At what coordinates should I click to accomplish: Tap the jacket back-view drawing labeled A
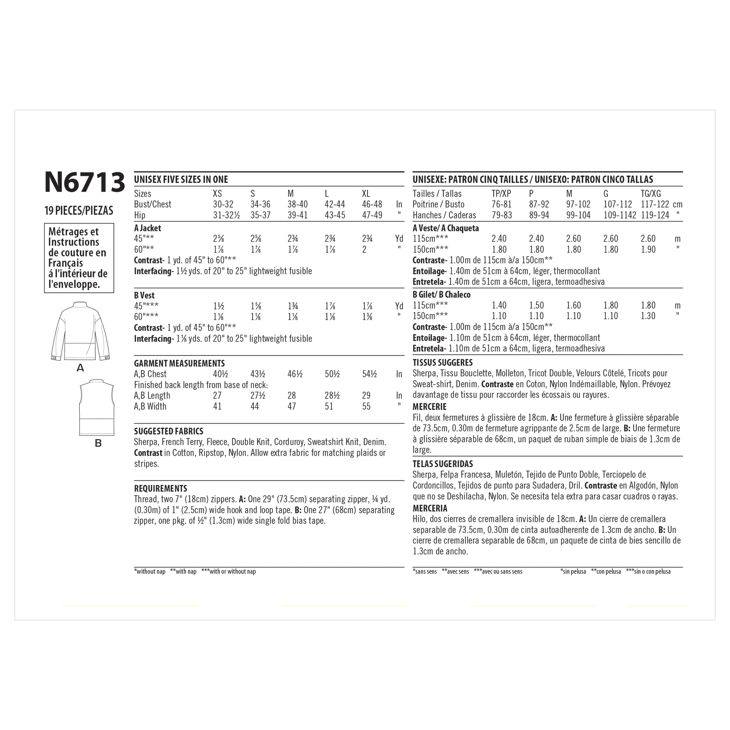80,331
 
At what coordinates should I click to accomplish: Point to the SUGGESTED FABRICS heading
169,431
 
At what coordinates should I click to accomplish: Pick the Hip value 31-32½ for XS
226,215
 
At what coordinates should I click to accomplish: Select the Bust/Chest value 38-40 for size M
297,204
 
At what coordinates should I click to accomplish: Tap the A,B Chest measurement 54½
369,374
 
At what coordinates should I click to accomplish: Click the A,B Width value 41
217,407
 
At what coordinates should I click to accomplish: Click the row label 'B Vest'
144,295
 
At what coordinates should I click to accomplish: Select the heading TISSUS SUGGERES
442,363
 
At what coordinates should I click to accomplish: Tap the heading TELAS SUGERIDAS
442,464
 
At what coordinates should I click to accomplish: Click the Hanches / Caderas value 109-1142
620,215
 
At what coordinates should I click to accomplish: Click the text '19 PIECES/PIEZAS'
79,210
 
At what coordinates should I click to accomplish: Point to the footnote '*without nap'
150,572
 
